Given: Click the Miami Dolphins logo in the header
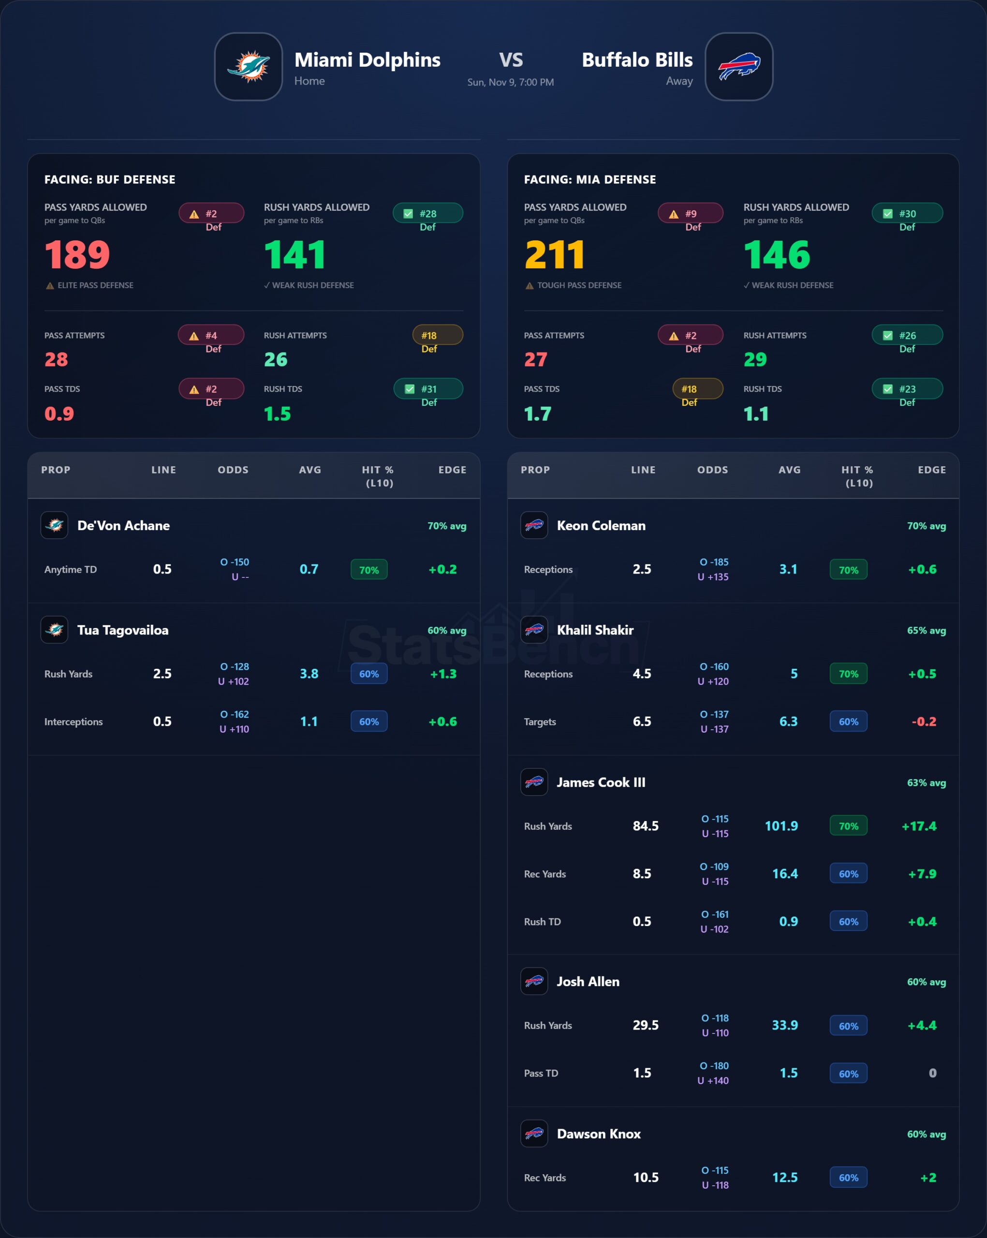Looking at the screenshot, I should click(x=248, y=67).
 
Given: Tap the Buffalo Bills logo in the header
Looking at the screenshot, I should click(x=738, y=67).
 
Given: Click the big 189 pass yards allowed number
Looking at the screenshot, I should click(x=77, y=254).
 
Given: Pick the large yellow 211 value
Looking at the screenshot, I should click(x=555, y=254).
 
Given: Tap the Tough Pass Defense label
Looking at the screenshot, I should click(x=579, y=285).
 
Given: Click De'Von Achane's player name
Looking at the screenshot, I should click(x=123, y=525).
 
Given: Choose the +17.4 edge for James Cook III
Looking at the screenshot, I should click(x=919, y=825).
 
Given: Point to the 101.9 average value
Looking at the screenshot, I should click(x=781, y=825).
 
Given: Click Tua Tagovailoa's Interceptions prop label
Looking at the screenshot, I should click(x=74, y=722).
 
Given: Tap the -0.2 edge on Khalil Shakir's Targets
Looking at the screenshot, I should click(x=924, y=722).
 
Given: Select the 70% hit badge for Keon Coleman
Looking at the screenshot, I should click(x=848, y=570).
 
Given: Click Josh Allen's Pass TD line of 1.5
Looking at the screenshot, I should click(x=642, y=1073).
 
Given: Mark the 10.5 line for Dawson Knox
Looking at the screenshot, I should click(x=646, y=1177).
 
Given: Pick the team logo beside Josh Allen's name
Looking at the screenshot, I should click(x=534, y=981).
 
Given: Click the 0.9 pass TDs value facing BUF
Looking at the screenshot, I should click(x=59, y=413).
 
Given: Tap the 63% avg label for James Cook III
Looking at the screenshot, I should click(x=926, y=782).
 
